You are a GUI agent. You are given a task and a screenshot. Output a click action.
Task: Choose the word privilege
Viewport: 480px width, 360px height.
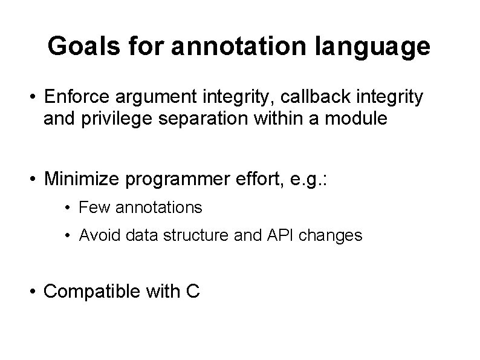pyautogui.click(x=113, y=119)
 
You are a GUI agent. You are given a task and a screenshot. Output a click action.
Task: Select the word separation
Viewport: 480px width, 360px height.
pyautogui.click(x=201, y=119)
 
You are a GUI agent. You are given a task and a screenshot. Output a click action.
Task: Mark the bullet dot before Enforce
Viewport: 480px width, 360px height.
pyautogui.click(x=36, y=97)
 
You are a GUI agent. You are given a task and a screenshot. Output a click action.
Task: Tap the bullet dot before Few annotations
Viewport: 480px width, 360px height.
pyautogui.click(x=71, y=208)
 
